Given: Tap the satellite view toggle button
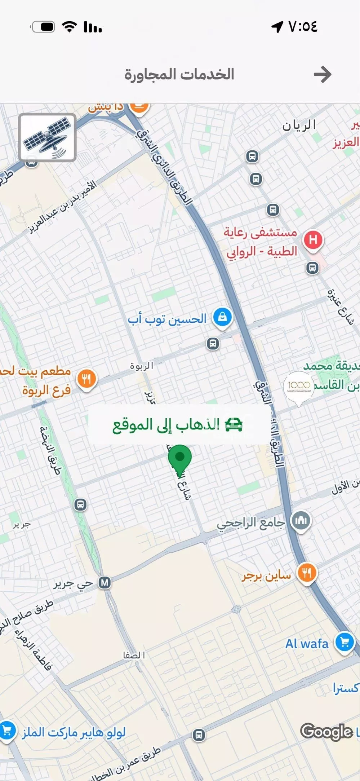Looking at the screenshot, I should [x=47, y=137].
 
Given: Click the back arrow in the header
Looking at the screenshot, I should [x=322, y=74].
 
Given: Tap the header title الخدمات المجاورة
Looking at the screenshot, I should [x=179, y=74].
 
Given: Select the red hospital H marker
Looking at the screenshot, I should [x=313, y=240].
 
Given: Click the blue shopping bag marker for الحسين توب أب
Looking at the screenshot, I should [x=222, y=317].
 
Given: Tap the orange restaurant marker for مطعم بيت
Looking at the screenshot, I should [x=87, y=379].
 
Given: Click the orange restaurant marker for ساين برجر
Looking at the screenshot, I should [x=307, y=572].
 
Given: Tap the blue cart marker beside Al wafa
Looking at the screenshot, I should [x=345, y=642].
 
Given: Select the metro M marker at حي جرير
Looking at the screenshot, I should [x=105, y=583].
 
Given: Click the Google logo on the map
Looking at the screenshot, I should [x=326, y=732].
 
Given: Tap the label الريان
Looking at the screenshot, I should [x=299, y=125].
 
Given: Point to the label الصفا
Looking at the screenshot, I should [x=134, y=655].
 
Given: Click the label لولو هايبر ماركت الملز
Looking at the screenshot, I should [x=74, y=732].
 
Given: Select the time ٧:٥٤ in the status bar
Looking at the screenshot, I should [x=303, y=26].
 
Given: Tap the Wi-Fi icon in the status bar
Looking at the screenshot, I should [x=70, y=27].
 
